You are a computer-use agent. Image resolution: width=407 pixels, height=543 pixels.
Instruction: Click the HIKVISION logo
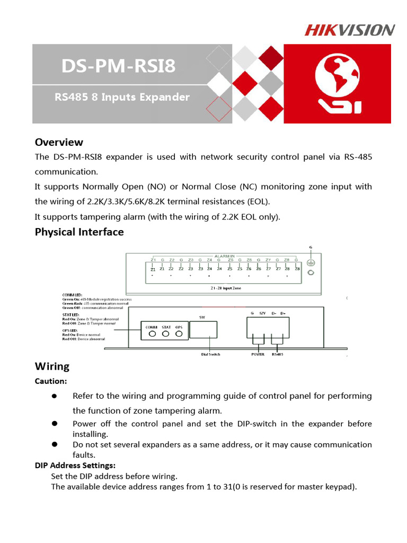pos(349,30)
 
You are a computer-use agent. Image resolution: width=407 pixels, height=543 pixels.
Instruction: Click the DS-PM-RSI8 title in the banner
pos(118,67)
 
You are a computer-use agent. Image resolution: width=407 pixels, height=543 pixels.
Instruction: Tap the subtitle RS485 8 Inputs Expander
pos(122,97)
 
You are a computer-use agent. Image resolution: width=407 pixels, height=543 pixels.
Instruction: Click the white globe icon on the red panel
pos(338,84)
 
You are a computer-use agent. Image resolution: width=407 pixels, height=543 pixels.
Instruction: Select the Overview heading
pos(59,142)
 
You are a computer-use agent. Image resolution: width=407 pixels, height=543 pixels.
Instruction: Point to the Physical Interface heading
pos(79,232)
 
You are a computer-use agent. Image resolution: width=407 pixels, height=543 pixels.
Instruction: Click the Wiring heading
pos(52,366)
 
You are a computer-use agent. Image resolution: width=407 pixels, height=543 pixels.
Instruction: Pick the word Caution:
pos(51,381)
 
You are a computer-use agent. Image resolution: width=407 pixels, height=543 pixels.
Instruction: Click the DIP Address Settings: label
pos(75,465)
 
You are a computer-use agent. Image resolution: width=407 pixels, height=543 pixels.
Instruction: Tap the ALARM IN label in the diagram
pos(225,255)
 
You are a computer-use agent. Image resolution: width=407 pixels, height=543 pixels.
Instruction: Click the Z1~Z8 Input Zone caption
pos(225,287)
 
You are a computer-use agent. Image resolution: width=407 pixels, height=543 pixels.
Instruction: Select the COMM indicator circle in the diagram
pos(152,334)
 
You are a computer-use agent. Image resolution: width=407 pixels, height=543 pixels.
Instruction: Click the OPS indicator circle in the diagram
pos(179,334)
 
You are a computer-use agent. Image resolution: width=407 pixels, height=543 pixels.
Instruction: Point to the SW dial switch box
pos(203,331)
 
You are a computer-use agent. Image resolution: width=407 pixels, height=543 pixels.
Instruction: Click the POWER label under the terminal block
pos(258,354)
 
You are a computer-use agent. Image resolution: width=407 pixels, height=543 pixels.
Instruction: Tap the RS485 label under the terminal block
pos(277,354)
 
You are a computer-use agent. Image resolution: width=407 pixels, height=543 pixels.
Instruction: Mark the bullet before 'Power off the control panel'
pos(54,423)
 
